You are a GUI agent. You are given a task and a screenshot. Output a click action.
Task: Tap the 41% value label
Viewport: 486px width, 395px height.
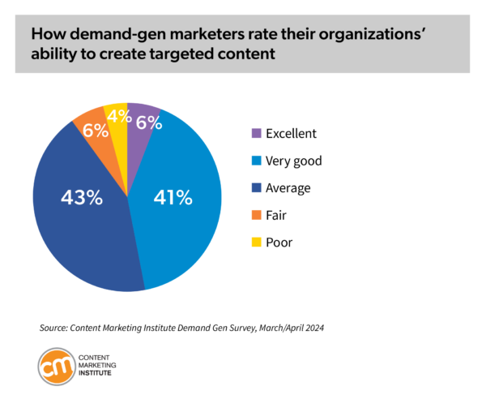tap(172, 196)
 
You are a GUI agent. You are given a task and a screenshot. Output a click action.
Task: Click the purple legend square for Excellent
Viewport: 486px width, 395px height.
tap(257, 134)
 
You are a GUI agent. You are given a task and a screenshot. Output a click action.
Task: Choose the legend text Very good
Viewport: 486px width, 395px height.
tap(294, 161)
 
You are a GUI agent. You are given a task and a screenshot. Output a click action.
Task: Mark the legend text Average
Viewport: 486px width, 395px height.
tap(288, 188)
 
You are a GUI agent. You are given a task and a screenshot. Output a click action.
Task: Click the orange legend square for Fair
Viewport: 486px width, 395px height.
tap(257, 216)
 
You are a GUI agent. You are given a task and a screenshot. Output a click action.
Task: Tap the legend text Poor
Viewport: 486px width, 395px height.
tap(279, 243)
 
